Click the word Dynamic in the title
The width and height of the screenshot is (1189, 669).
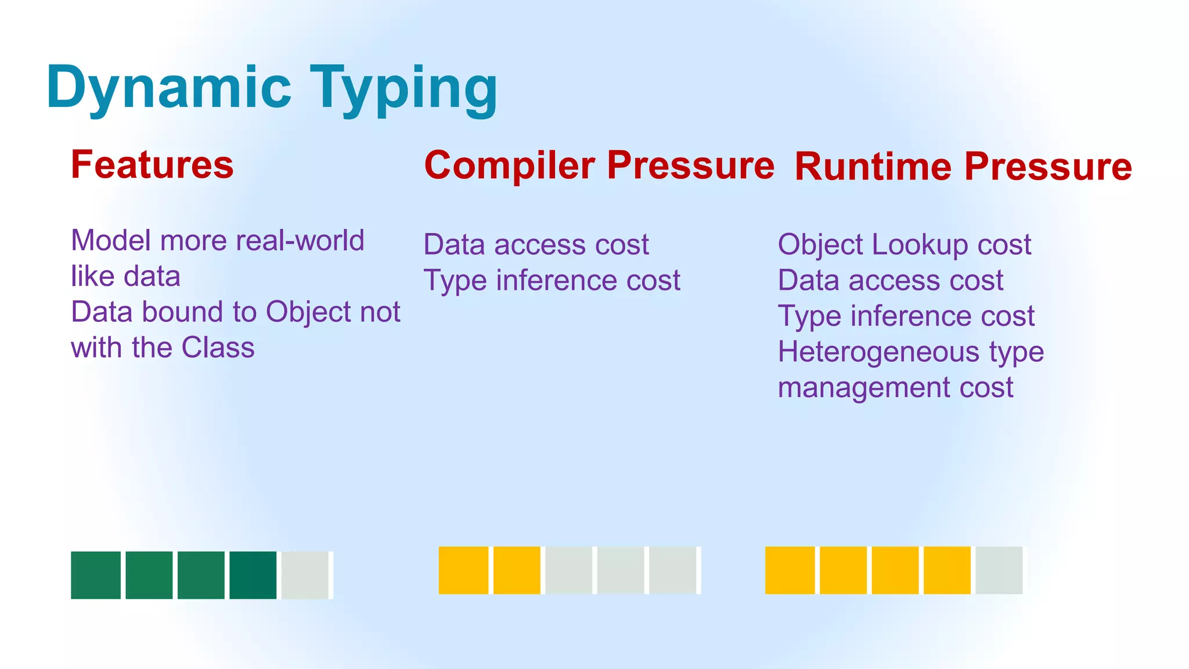[x=168, y=88]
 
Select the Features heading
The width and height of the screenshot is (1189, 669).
[x=152, y=165]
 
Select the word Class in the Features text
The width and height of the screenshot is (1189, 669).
[x=218, y=348]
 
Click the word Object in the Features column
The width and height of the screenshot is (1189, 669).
[x=308, y=312]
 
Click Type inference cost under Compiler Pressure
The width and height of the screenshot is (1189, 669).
[x=552, y=280]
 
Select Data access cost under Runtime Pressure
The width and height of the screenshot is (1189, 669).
[x=890, y=280]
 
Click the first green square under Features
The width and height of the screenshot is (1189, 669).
[x=96, y=575]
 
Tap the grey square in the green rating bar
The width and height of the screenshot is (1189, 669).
[x=305, y=575]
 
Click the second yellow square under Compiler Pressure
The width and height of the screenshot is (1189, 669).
[x=516, y=570]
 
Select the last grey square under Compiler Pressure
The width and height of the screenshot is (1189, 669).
[x=672, y=570]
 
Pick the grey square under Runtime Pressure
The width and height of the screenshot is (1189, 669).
[x=999, y=570]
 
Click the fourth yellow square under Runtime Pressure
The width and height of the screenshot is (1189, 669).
[x=947, y=570]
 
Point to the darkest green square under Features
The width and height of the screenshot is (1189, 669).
[x=253, y=575]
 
